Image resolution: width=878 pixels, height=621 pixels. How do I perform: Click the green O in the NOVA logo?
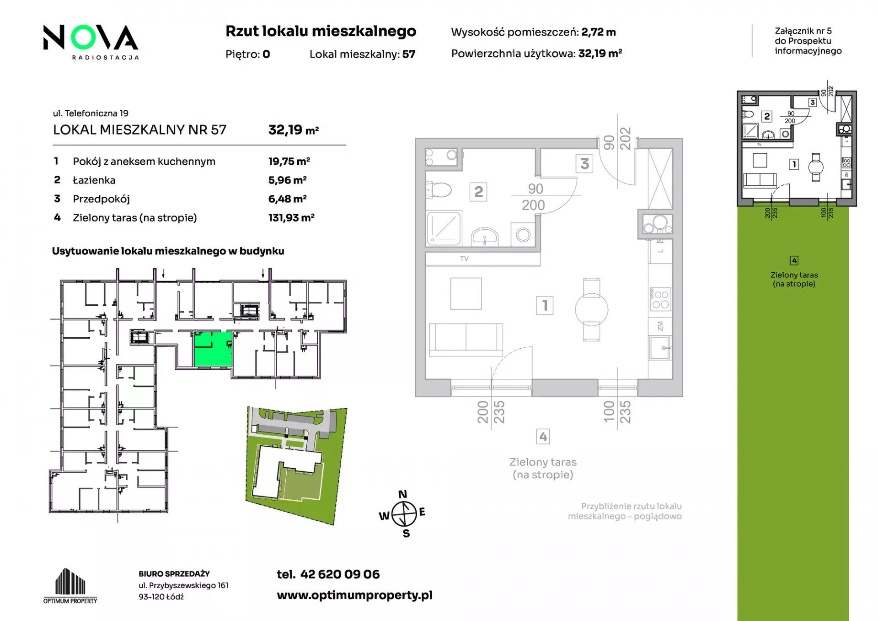click(x=83, y=38)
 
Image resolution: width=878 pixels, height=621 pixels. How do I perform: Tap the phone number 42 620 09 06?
click(x=340, y=574)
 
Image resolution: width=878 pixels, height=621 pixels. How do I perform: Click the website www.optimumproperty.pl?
click(x=354, y=595)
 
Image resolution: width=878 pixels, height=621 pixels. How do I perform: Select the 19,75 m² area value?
click(x=289, y=161)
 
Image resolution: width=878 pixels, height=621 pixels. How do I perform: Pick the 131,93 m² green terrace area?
click(x=291, y=217)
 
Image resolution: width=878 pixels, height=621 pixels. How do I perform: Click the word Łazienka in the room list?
click(x=94, y=180)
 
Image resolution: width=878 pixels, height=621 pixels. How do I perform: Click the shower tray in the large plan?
click(x=444, y=228)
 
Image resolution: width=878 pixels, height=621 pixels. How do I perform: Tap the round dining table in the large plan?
click(x=591, y=310)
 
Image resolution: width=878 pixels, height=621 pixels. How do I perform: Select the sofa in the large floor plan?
click(x=466, y=340)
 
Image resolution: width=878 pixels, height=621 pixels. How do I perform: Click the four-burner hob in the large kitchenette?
click(x=660, y=299)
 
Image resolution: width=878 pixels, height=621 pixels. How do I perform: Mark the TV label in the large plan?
click(x=464, y=259)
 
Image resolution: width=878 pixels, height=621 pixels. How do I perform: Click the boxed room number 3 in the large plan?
click(x=584, y=164)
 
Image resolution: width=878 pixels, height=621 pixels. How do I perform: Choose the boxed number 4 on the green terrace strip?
click(x=794, y=260)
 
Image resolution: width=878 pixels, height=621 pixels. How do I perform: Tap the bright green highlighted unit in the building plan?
click(x=213, y=349)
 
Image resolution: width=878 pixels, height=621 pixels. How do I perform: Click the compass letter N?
click(x=402, y=494)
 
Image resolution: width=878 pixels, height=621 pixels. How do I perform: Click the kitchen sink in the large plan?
click(x=660, y=348)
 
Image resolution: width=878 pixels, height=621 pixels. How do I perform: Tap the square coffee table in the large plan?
click(x=466, y=294)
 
